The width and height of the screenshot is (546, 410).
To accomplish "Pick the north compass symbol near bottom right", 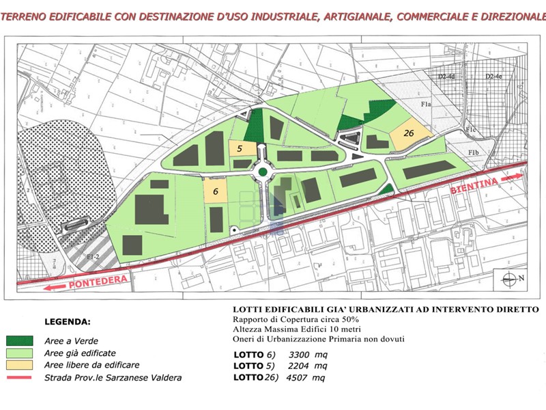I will click(513, 278).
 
